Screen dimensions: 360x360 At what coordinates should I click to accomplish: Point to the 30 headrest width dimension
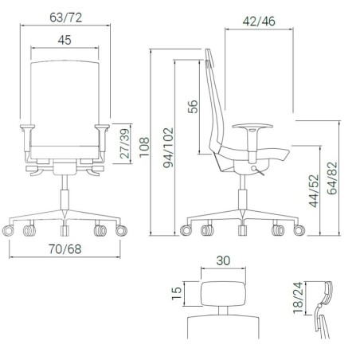pos(224,260)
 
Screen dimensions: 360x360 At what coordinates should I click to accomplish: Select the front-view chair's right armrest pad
pos(101,127)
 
